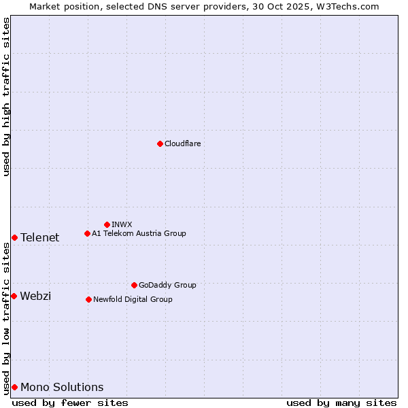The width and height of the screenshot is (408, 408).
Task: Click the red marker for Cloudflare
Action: click(160, 143)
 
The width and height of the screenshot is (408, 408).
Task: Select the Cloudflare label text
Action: click(182, 143)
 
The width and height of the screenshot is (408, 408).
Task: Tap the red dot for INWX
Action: click(107, 224)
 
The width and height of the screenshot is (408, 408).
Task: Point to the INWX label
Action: click(122, 224)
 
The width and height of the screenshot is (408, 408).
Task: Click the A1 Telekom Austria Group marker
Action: click(87, 233)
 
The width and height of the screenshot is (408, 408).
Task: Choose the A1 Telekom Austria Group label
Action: click(139, 233)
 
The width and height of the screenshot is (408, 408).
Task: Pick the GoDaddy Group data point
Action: click(134, 285)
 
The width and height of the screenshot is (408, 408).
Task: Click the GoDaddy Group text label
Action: click(167, 285)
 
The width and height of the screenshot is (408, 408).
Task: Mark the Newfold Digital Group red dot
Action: click(88, 299)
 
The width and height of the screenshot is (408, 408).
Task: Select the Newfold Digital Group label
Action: click(133, 299)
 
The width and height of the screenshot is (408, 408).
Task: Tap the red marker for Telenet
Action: click(14, 237)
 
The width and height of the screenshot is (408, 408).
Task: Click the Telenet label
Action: click(39, 237)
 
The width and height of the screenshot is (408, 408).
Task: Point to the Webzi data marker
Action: click(14, 296)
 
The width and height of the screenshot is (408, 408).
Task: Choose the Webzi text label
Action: click(35, 296)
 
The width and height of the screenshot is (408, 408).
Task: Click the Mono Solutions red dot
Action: click(14, 387)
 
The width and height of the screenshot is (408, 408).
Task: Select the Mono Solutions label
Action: click(62, 387)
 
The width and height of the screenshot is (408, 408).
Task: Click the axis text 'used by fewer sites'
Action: click(70, 403)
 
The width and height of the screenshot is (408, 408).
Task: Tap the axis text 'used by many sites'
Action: click(341, 403)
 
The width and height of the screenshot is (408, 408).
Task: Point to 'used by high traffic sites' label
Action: click(6, 97)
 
